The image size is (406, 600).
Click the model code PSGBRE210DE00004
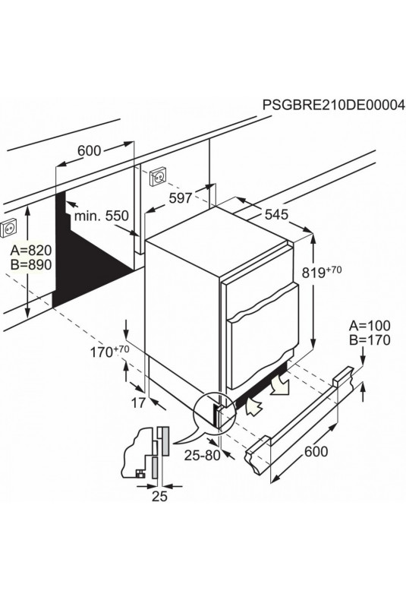point(333,105)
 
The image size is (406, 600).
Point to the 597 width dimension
point(181,198)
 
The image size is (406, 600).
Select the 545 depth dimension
point(276,215)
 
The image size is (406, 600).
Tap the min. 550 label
point(101,216)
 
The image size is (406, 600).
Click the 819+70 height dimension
point(322,272)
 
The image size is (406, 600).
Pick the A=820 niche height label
point(30,251)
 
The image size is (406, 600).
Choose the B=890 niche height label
point(30,265)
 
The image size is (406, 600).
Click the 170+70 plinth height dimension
point(109,352)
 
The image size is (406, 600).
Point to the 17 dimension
point(138,403)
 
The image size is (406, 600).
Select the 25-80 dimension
point(202,456)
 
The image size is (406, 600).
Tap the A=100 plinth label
point(370,326)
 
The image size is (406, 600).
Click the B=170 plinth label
point(370,339)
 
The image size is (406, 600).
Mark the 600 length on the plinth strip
point(316,452)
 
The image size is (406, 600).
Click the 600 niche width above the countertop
point(89,151)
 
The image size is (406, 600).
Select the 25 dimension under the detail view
point(159,496)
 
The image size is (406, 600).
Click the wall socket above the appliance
point(159,176)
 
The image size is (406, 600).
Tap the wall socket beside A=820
point(9,228)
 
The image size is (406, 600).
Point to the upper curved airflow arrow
point(280,384)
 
